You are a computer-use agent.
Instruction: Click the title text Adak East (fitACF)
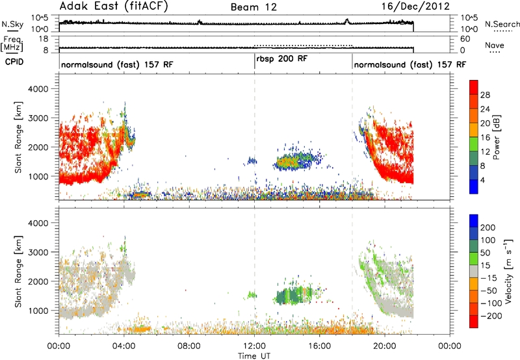(x=114, y=6)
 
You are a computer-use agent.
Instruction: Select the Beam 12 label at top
(x=253, y=7)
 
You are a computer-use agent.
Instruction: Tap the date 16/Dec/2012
(x=415, y=6)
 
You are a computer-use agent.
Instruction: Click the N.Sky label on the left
(x=12, y=24)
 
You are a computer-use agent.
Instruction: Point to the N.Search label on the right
(x=502, y=24)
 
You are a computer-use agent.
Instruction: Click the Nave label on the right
(x=495, y=45)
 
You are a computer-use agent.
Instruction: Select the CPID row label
(x=14, y=62)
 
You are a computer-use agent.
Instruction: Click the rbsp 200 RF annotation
(x=282, y=59)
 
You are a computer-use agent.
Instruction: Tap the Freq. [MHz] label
(x=12, y=44)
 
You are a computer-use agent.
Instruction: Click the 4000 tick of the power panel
(x=38, y=89)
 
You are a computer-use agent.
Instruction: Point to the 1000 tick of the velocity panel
(x=38, y=311)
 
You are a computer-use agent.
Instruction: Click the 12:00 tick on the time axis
(x=254, y=346)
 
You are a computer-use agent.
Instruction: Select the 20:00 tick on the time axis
(x=385, y=346)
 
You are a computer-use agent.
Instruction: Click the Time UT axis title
(x=254, y=355)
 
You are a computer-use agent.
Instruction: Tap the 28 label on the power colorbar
(x=485, y=95)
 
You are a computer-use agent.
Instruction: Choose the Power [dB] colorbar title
(x=497, y=137)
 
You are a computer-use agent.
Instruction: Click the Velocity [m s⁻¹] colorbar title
(x=508, y=272)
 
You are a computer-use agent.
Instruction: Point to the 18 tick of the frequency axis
(x=44, y=39)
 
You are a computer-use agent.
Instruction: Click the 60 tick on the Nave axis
(x=465, y=39)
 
